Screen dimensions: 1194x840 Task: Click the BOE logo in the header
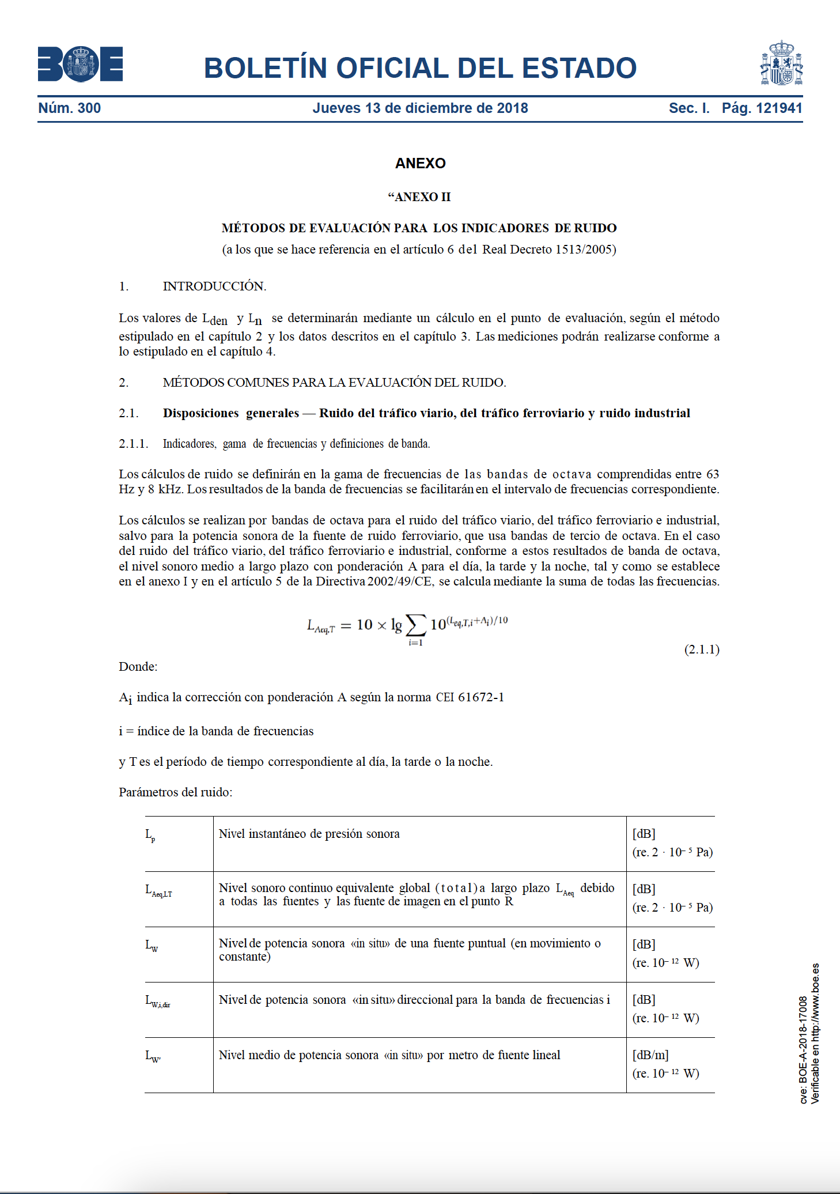(x=80, y=64)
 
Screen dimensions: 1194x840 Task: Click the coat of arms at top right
(x=781, y=64)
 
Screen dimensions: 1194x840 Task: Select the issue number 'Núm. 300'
(x=70, y=108)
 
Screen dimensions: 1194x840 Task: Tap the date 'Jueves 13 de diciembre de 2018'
(x=420, y=108)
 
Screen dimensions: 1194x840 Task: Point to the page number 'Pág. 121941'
(x=762, y=108)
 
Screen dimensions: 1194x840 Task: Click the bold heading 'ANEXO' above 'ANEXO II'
(x=420, y=164)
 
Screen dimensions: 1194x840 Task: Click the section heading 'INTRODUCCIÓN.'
(x=214, y=286)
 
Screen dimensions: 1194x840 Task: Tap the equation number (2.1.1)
(x=702, y=649)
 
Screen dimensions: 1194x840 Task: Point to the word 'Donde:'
(x=138, y=667)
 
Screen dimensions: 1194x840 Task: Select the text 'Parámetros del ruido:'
(x=176, y=792)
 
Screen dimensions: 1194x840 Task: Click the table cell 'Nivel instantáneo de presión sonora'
(x=309, y=834)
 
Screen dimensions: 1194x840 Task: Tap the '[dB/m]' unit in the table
(x=650, y=1055)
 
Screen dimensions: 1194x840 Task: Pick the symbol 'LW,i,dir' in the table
(x=157, y=1001)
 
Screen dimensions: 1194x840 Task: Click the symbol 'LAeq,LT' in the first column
(x=158, y=890)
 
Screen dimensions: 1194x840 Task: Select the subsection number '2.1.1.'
(x=134, y=444)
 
